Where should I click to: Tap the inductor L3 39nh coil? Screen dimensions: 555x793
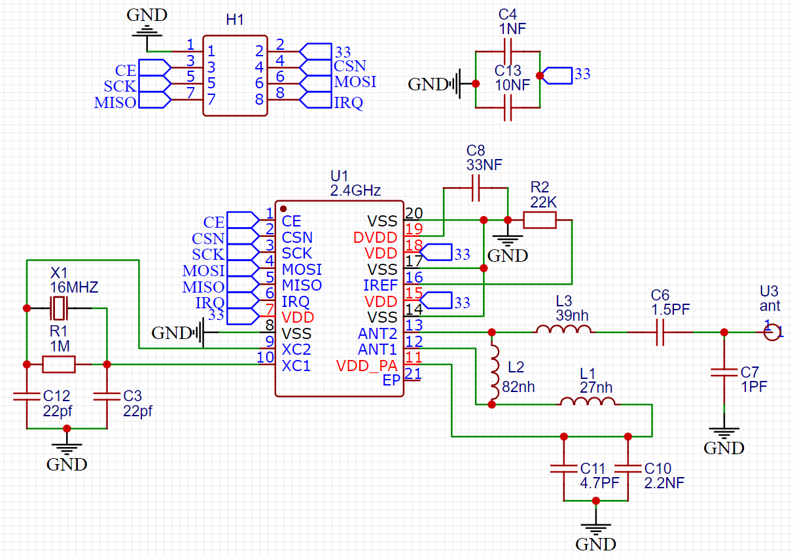pyautogui.click(x=564, y=330)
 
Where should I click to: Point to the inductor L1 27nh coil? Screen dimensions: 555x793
pyautogui.click(x=586, y=402)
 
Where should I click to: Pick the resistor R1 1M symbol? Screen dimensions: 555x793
pyautogui.click(x=59, y=364)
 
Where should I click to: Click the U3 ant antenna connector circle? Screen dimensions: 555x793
pyautogui.click(x=772, y=332)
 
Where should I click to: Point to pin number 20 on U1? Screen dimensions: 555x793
pyautogui.click(x=414, y=213)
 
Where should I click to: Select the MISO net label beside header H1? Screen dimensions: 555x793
pyautogui.click(x=115, y=103)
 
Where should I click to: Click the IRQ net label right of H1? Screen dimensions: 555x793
pyautogui.click(x=349, y=103)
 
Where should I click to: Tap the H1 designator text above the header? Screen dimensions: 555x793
pyautogui.click(x=235, y=20)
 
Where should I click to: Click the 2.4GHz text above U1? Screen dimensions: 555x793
pyautogui.click(x=356, y=191)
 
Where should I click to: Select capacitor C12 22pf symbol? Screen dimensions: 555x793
pyautogui.click(x=27, y=396)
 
